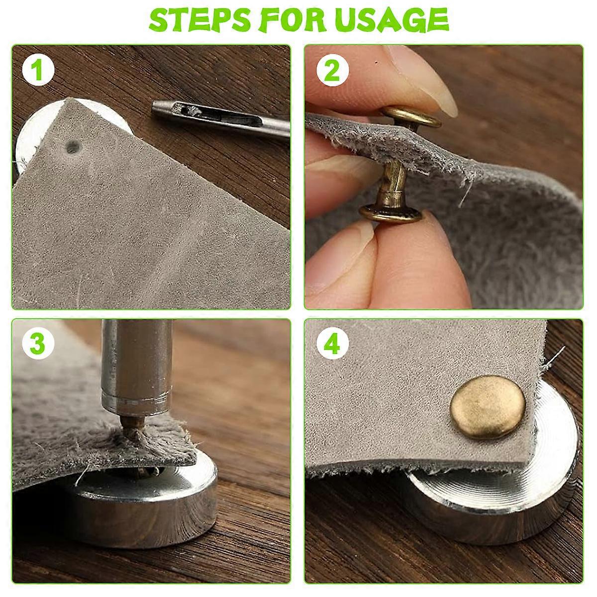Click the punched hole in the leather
click(73, 147)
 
